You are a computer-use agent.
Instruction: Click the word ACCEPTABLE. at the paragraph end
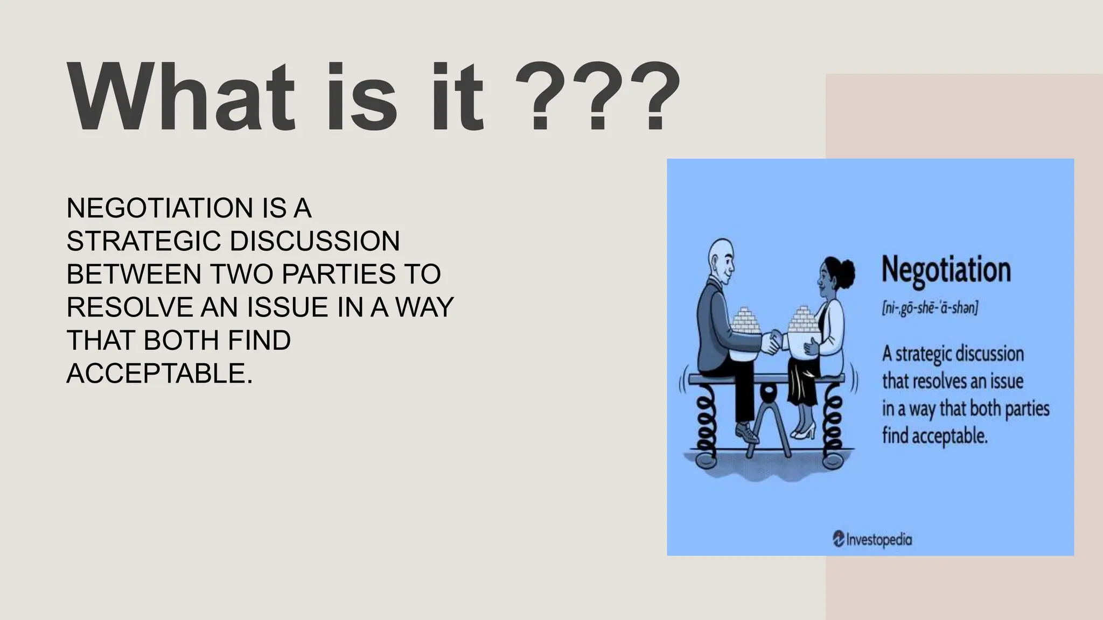159,374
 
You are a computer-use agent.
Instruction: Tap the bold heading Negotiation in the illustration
946,270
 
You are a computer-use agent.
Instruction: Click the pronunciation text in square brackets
930,308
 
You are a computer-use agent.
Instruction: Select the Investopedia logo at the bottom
872,539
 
